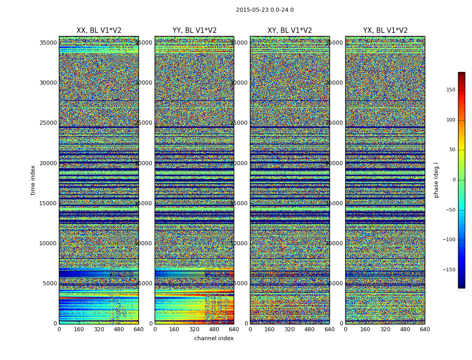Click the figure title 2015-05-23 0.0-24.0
coord(265,10)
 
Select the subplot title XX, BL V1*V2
coord(99,31)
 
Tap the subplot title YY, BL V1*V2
coord(194,31)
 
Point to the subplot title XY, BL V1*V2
coord(289,31)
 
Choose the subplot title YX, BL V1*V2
coord(385,31)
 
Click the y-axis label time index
coord(33,180)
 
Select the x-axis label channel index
coord(214,338)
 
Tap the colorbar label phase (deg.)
coord(436,180)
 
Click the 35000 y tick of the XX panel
coord(48,43)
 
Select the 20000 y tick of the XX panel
coord(48,163)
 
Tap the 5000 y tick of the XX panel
coord(50,283)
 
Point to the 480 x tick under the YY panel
coord(214,329)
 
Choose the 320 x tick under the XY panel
coord(289,329)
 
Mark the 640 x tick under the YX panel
coord(425,329)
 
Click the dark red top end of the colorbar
coord(461,74)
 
